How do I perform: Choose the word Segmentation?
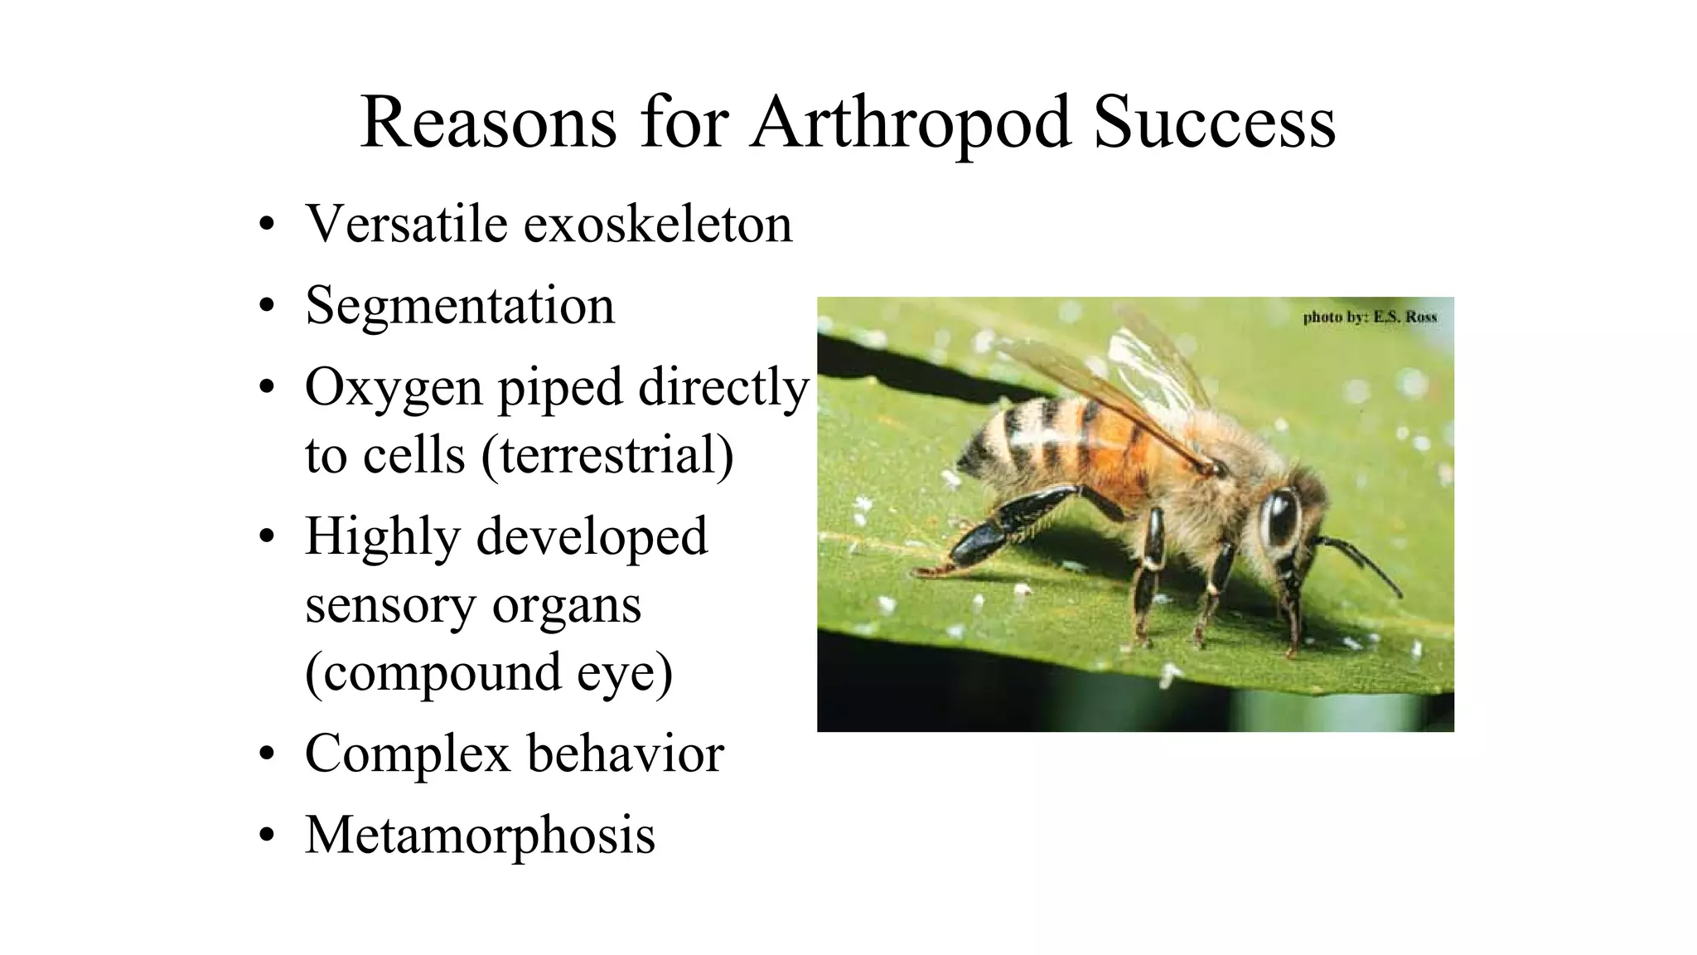(460, 307)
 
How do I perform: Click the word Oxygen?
(394, 388)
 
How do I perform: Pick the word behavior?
(626, 754)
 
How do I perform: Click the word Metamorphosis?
(480, 835)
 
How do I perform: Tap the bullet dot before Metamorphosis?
(266, 836)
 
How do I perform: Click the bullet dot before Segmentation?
(266, 307)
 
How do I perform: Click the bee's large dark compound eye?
(1280, 518)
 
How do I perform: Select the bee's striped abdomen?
(1069, 444)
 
